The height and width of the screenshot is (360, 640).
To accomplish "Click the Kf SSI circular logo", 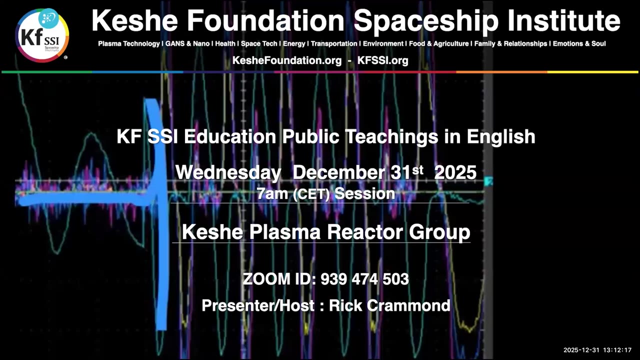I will point(42,34).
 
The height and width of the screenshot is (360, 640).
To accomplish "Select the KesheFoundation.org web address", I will point(287,60).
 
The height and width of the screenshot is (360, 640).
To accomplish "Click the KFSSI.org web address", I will point(382,60).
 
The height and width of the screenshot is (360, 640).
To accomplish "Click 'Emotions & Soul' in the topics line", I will point(579,44).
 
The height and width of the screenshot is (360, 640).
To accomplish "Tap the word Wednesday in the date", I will point(228,173).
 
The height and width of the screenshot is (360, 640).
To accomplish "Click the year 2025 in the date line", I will point(455,173).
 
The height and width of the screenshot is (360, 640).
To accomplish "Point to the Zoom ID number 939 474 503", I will point(364,279).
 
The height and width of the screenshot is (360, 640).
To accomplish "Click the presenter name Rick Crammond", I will point(384,305).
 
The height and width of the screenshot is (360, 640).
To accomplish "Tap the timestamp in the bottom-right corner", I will point(597,350).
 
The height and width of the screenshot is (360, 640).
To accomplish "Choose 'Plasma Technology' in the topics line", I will point(128,44).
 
